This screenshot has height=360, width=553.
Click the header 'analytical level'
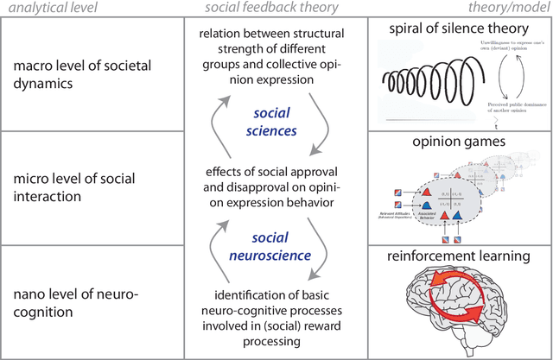tap(60, 9)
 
